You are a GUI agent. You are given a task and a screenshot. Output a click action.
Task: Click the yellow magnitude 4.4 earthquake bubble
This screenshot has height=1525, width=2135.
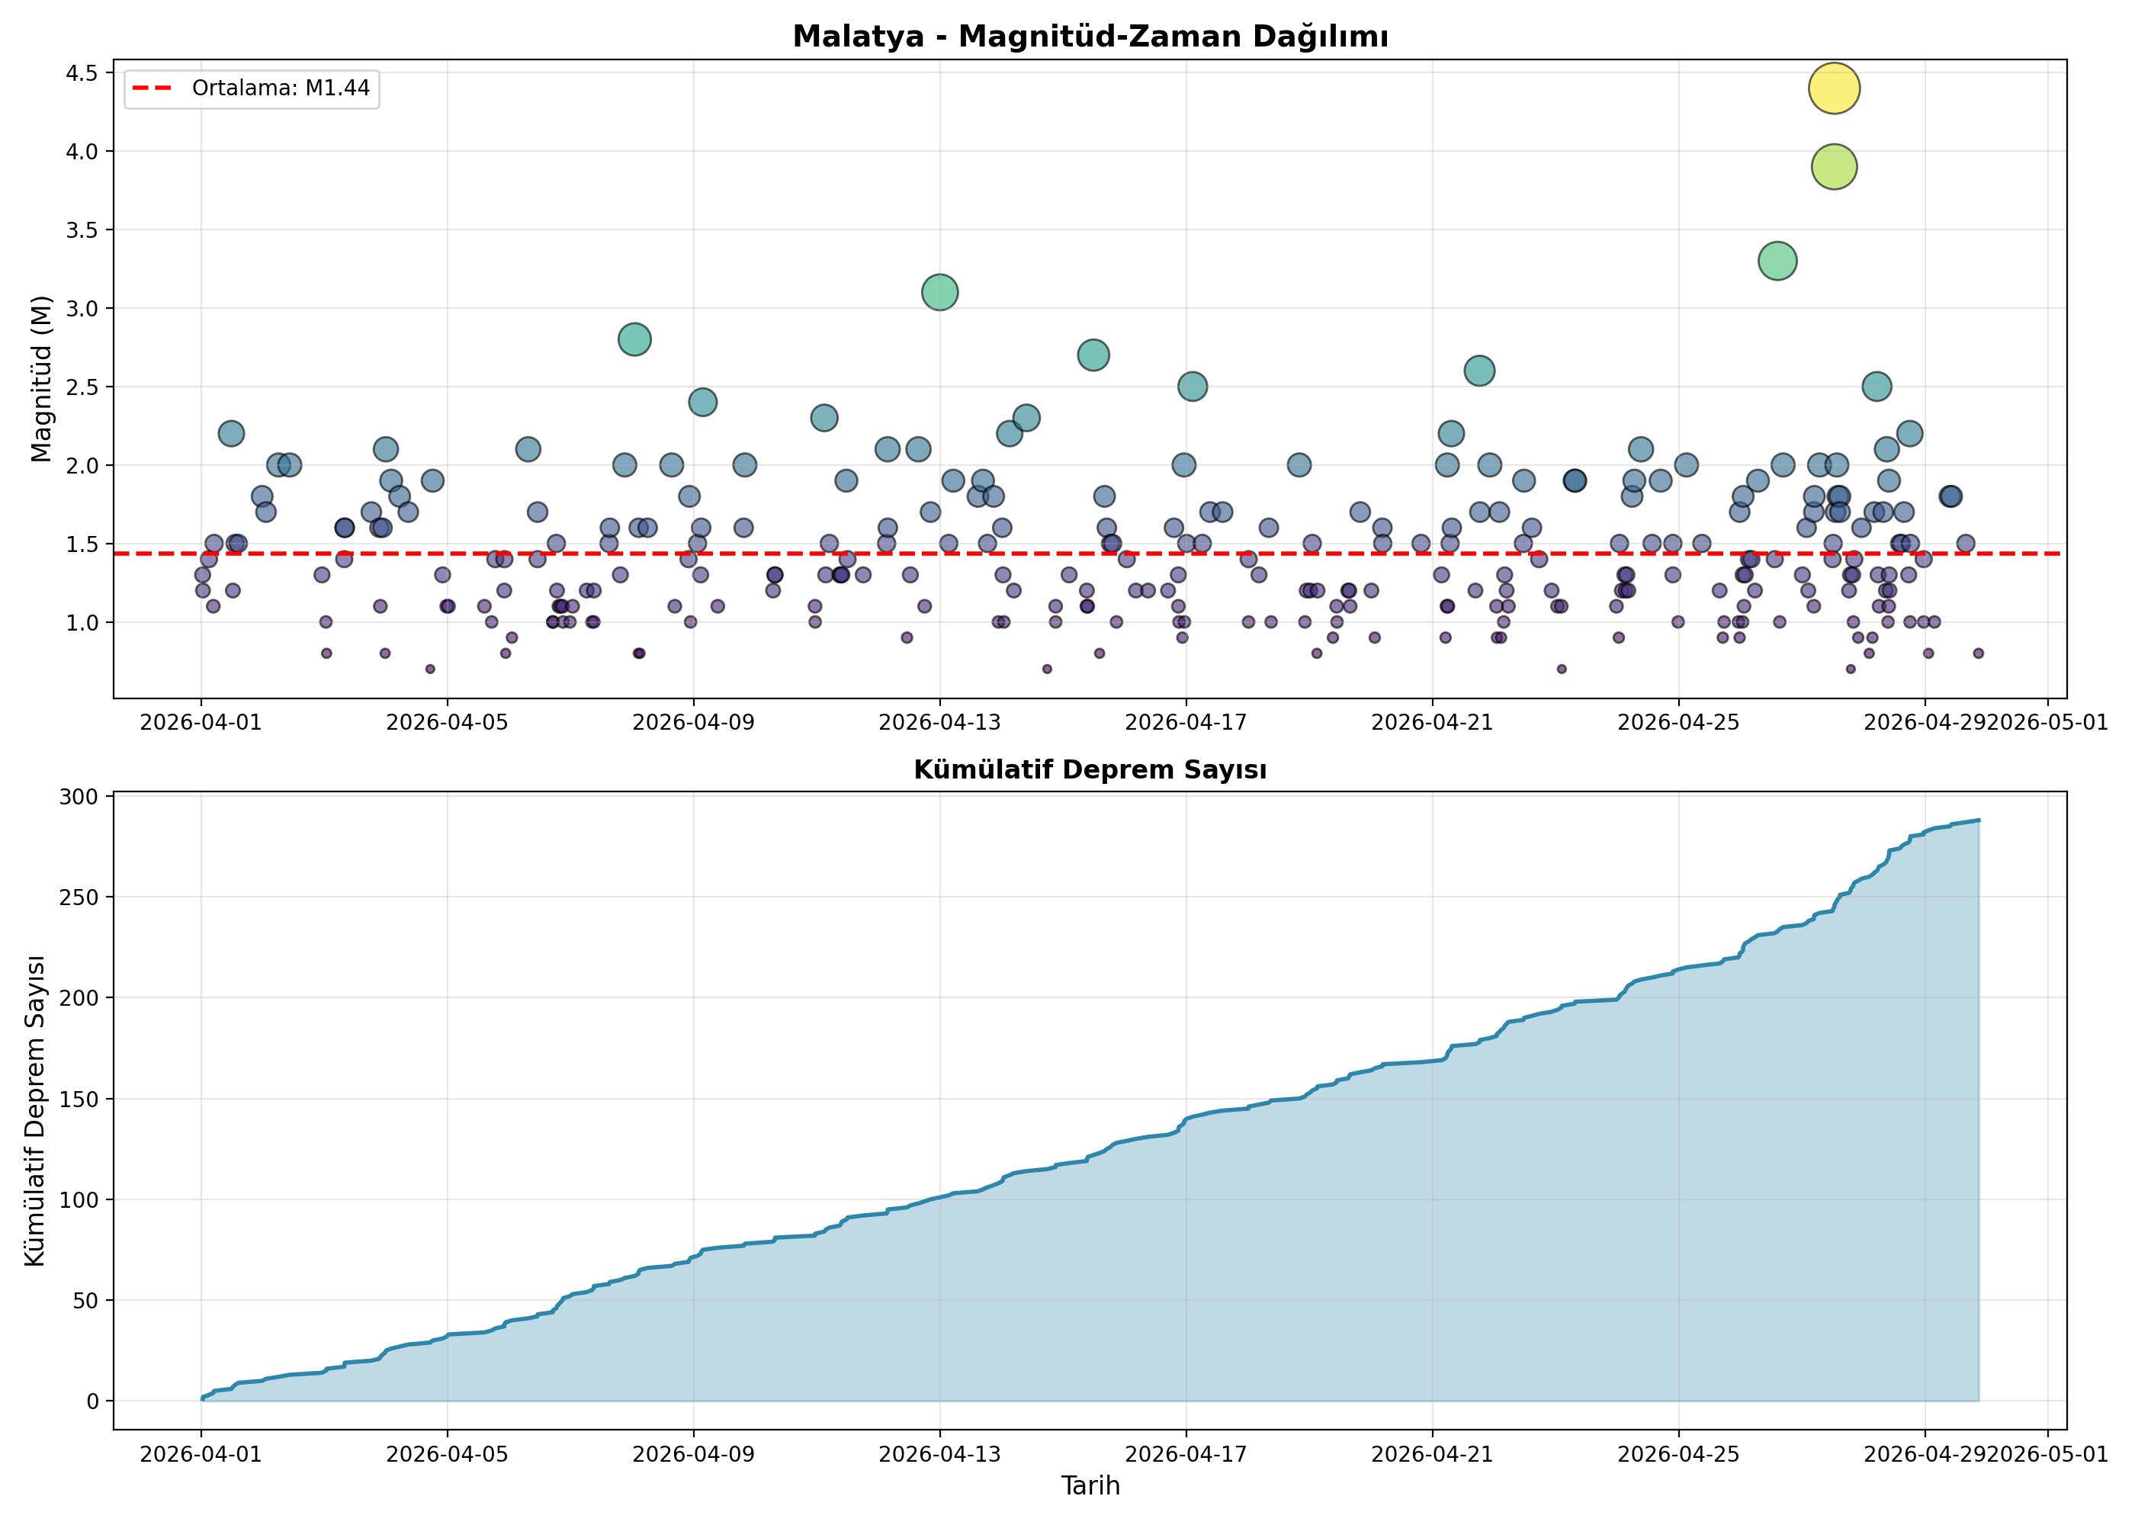tap(1834, 88)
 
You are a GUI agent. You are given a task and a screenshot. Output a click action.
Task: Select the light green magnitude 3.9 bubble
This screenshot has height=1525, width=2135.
tap(1834, 167)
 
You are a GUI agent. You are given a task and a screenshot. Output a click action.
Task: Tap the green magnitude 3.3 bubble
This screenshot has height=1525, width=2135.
tap(1777, 261)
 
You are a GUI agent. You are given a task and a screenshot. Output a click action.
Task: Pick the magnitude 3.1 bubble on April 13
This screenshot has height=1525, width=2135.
tap(940, 292)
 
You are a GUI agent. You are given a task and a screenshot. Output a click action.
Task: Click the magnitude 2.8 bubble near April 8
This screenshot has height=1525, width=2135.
tap(634, 339)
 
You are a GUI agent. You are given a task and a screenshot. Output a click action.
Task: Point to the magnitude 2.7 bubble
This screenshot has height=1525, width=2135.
tap(1093, 355)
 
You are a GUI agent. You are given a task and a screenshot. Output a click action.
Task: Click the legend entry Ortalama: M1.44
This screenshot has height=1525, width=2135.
tap(252, 88)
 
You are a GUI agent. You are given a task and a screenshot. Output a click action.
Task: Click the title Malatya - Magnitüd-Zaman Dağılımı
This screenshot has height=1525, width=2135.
tap(1090, 37)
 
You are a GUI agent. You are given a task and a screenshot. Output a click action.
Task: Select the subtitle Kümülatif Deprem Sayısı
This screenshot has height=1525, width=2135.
tap(1090, 770)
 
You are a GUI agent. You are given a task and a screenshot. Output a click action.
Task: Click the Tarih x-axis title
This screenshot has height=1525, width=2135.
tap(1090, 1485)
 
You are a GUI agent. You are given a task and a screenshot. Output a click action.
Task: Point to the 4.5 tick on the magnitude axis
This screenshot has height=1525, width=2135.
tap(82, 73)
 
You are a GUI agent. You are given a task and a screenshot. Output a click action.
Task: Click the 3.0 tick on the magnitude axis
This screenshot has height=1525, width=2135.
tap(82, 308)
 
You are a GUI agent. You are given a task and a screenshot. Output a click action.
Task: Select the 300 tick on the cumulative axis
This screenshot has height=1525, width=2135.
tap(79, 796)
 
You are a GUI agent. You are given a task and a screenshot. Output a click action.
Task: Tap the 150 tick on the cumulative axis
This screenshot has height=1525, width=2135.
tap(79, 1099)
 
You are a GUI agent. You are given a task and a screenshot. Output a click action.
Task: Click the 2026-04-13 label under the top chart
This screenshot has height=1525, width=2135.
tap(940, 722)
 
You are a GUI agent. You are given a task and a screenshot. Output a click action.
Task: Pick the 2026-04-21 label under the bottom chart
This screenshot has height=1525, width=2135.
tap(1433, 1455)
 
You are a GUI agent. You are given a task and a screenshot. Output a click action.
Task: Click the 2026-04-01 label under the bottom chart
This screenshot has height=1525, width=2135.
tap(201, 1455)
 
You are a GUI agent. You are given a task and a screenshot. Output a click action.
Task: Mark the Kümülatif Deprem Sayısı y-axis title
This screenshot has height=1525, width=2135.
tap(35, 1111)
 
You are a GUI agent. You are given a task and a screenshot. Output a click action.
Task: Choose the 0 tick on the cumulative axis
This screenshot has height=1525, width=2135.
tap(92, 1401)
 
